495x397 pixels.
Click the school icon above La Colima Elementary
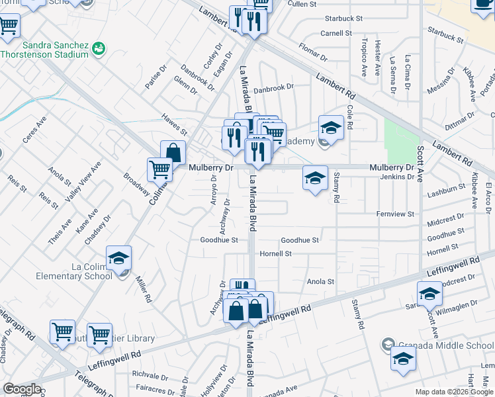[118, 258]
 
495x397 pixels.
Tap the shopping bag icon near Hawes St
[173, 153]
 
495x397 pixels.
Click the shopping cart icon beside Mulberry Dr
[159, 169]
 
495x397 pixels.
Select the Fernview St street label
[394, 214]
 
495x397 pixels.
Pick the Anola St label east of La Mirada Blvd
[320, 281]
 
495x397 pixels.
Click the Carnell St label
[336, 32]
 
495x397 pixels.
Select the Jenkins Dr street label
[396, 177]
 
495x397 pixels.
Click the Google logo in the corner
[22, 389]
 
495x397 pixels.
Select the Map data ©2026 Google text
[453, 392]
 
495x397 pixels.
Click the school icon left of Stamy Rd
[315, 177]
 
